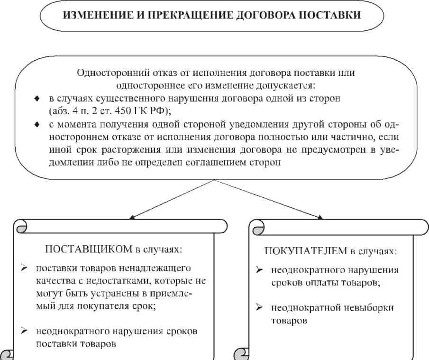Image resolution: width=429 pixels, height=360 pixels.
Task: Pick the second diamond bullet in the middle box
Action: point(37,125)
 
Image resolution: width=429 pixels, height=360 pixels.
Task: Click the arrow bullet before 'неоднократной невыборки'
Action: point(259,307)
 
